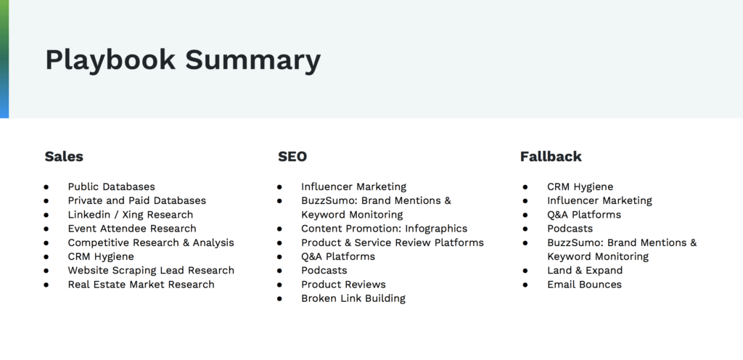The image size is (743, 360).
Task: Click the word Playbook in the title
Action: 110,61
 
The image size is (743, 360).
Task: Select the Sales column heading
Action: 64,157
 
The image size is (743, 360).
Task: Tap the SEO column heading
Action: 292,157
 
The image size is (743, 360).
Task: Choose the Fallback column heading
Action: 551,157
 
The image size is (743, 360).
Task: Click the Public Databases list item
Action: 111,187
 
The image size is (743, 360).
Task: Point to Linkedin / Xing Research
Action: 131,215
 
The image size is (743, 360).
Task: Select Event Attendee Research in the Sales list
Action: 132,229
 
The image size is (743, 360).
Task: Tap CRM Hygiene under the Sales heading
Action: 101,257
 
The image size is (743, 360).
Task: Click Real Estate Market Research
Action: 141,285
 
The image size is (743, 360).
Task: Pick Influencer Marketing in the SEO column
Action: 354,187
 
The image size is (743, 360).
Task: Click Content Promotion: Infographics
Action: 385,229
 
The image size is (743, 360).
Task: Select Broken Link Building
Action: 353,298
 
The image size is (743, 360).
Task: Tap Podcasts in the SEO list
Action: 324,271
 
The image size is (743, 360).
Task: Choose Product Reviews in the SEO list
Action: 343,285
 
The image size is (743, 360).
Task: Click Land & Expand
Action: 585,271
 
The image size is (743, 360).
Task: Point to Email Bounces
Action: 584,285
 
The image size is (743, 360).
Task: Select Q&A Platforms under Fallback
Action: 584,215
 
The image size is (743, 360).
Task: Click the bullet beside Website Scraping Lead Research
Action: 46,271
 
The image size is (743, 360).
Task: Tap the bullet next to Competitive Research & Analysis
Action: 46,243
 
